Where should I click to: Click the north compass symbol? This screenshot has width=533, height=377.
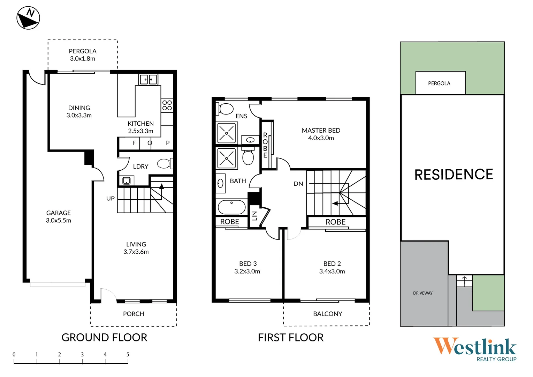[x=28, y=18]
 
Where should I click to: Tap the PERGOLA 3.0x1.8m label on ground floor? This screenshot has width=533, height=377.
[x=83, y=55]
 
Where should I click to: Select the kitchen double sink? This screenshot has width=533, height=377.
[x=148, y=80]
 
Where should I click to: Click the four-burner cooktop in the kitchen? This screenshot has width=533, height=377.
[x=167, y=105]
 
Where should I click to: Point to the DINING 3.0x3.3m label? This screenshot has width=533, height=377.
[x=79, y=111]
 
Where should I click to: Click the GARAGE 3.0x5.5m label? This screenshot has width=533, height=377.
[x=59, y=216]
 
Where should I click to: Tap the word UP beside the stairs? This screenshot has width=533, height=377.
[x=111, y=199]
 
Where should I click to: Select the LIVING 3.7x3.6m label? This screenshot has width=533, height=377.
[x=136, y=248]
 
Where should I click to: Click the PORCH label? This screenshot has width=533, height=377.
[x=134, y=314]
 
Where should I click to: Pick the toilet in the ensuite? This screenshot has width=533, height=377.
[x=226, y=109]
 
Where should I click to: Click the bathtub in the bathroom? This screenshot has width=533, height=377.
[x=231, y=207]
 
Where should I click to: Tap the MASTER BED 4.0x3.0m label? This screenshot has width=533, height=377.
[x=321, y=134]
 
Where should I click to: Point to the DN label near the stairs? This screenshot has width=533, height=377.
[x=298, y=184]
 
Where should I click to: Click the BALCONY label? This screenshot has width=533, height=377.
[x=328, y=314]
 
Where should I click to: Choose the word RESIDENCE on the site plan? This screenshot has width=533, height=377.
[x=454, y=175]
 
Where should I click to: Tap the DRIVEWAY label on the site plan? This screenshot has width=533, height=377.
[x=423, y=293]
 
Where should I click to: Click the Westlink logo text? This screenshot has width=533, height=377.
[x=474, y=347]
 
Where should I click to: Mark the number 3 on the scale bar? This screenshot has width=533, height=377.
[x=82, y=354]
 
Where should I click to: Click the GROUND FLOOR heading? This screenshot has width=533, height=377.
[x=104, y=338]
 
